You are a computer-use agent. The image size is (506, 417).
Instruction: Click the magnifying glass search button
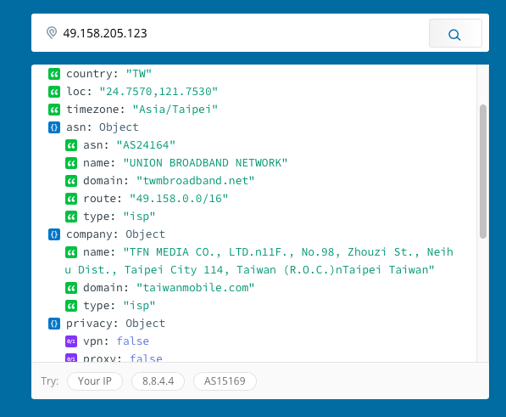tap(455, 33)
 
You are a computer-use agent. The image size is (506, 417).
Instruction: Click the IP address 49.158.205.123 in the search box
tap(105, 33)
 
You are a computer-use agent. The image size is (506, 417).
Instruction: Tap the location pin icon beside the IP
tap(52, 32)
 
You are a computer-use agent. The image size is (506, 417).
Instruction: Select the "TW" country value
tap(139, 74)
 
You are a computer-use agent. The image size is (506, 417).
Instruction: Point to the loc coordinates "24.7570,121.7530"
tap(158, 92)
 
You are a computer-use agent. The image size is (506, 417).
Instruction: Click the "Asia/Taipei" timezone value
tap(175, 110)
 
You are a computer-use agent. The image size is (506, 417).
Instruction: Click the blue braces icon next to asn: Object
tap(54, 127)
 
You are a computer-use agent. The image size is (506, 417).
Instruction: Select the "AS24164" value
tap(146, 145)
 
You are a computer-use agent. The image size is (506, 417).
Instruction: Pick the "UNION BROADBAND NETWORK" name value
tap(205, 163)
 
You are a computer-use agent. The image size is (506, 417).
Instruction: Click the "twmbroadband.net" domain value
tap(195, 181)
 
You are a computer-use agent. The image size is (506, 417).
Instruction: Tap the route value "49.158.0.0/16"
tap(179, 199)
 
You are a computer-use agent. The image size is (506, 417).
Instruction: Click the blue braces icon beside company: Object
tap(54, 234)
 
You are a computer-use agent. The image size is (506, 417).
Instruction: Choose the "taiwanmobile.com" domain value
tap(195, 288)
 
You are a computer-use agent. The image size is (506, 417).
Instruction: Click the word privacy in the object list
tap(89, 324)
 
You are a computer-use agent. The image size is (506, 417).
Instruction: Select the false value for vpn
tap(132, 341)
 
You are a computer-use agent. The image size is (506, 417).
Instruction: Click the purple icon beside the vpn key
tap(71, 341)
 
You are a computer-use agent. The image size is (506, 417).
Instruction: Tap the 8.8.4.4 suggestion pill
tap(158, 381)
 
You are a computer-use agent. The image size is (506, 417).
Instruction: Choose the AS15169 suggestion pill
tap(225, 381)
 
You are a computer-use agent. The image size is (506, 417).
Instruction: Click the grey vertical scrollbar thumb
tap(483, 172)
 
